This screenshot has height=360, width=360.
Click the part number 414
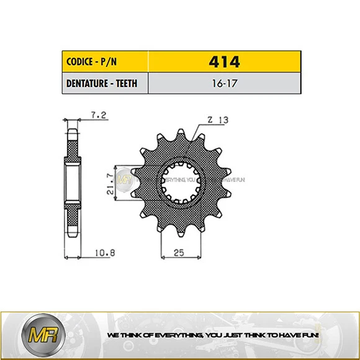224,62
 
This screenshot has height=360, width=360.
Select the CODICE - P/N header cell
105,62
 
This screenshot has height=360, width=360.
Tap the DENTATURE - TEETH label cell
105,83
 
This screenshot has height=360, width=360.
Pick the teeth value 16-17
224,83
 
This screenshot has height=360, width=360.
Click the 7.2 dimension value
97,115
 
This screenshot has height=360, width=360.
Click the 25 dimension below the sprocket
179,253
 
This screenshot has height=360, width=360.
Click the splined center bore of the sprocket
179,183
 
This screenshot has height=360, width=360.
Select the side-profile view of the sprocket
73,184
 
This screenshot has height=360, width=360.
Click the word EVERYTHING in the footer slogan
171,335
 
